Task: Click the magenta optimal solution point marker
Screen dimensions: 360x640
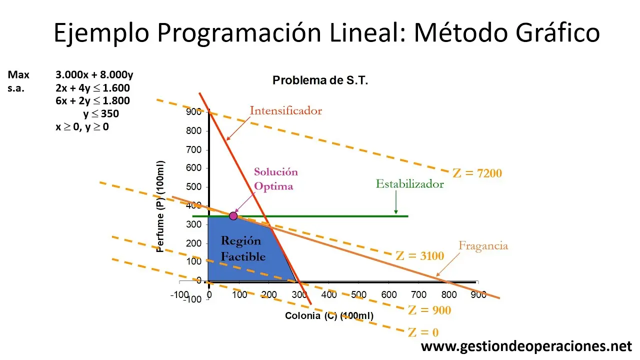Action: (233, 216)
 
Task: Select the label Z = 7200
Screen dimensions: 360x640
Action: (477, 173)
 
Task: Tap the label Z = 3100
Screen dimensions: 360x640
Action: (419, 256)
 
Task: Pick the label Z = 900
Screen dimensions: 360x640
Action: (429, 310)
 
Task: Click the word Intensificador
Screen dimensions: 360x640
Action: (285, 110)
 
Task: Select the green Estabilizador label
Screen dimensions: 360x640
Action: (409, 184)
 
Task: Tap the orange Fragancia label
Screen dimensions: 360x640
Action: (483, 245)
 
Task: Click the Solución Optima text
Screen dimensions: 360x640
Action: (275, 179)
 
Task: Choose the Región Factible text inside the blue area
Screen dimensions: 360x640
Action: (243, 248)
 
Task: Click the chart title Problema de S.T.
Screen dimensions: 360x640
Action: (320, 80)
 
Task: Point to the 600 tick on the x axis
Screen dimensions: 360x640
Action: (388, 295)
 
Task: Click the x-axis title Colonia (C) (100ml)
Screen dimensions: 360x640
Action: (329, 316)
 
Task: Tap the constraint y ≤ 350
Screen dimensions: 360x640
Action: (101, 114)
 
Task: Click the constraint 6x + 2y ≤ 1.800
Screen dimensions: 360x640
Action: (92, 100)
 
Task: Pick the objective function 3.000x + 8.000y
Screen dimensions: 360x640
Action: (94, 75)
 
